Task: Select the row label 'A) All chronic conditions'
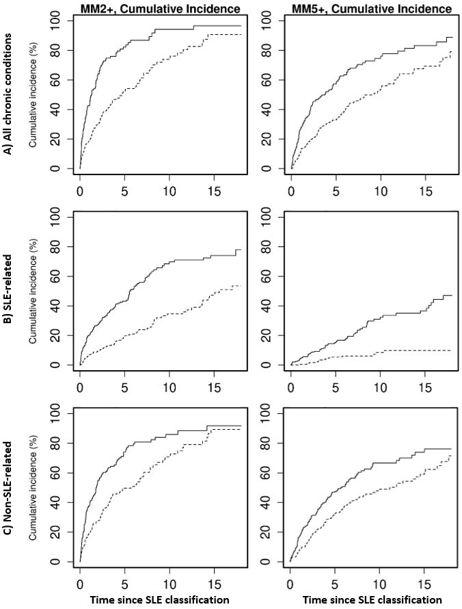tap(9, 96)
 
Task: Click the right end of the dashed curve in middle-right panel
tap(452, 350)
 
